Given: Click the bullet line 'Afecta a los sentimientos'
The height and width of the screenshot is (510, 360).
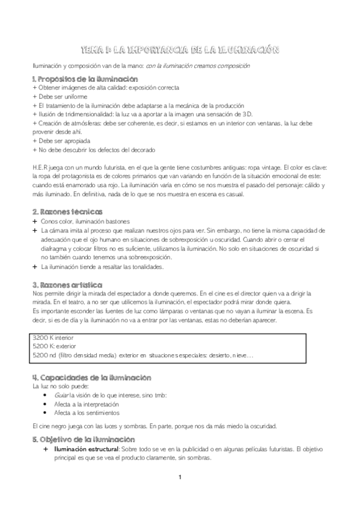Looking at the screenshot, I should click(x=87, y=413).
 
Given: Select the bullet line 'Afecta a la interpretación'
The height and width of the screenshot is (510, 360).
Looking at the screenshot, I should click(x=88, y=404).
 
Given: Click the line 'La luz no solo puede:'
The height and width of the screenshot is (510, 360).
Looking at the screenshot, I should click(x=60, y=386).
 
